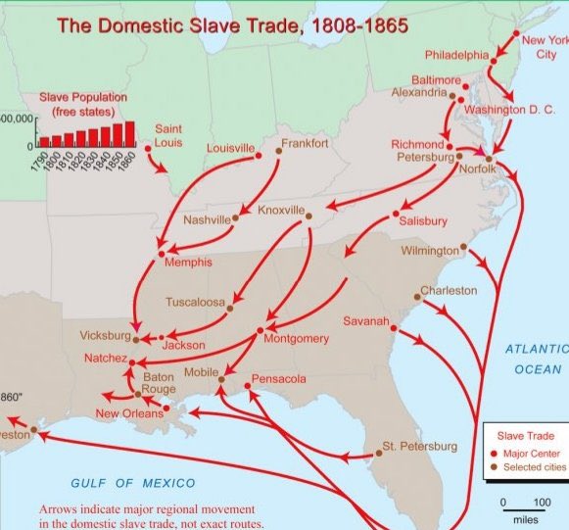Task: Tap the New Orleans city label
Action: (x=128, y=413)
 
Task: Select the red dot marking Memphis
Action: (x=162, y=254)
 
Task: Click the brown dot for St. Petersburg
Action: (x=378, y=454)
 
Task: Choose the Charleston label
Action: (x=449, y=290)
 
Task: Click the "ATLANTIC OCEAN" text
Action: (x=538, y=359)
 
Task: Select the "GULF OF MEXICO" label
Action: (x=132, y=483)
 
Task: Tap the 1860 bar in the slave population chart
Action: (x=129, y=133)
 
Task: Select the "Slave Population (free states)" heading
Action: (x=84, y=105)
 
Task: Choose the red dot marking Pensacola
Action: (x=247, y=387)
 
